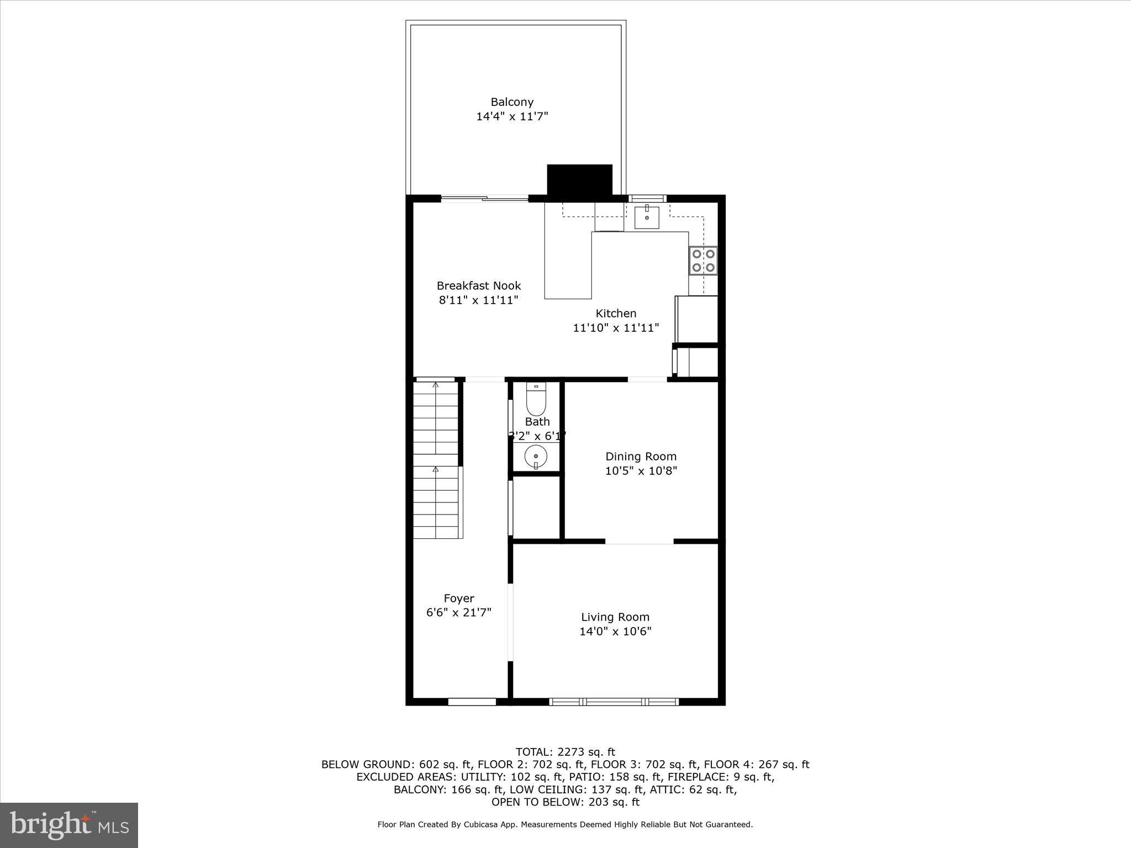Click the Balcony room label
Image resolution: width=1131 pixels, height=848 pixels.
pos(512,102)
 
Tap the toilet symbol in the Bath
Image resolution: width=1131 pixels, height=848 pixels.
pos(536,399)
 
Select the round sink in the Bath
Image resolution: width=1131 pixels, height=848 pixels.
pos(536,457)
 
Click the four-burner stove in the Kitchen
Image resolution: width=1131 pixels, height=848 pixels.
pos(704,261)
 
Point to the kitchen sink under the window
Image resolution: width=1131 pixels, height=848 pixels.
pos(647,216)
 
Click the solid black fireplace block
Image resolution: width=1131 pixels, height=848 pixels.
pos(579,179)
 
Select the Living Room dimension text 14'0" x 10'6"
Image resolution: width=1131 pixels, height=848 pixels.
pos(615,632)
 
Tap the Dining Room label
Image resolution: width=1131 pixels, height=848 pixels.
pos(641,457)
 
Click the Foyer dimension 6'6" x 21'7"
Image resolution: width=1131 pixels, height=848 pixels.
pos(458,613)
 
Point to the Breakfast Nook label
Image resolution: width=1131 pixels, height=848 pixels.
pos(479,286)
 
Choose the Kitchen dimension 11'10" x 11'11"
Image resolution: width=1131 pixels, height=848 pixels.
pos(616,328)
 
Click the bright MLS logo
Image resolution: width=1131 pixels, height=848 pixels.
pos(69,825)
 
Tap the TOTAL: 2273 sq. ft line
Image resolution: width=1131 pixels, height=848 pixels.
pos(565,752)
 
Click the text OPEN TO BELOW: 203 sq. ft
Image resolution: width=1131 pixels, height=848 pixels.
pos(565,802)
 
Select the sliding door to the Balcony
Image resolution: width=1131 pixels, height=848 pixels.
pos(485,199)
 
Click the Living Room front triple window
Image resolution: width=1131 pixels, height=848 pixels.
pos(614,702)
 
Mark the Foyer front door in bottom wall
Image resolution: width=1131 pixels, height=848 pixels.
pos(472,702)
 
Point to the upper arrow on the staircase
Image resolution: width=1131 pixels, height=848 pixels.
pos(436,385)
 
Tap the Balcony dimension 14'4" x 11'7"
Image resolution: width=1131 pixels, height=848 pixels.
pos(512,116)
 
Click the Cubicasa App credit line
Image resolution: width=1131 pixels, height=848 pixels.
pos(565,825)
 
